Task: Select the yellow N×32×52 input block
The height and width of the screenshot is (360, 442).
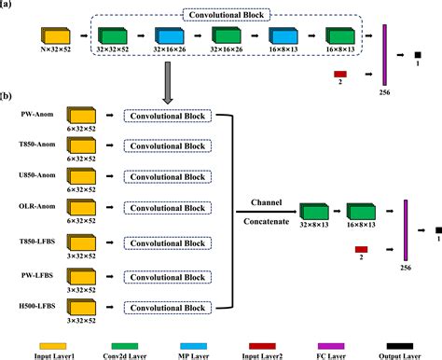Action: coord(54,35)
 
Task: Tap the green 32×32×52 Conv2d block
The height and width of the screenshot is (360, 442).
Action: coord(111,35)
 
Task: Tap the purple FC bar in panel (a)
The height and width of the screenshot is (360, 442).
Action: coord(383,55)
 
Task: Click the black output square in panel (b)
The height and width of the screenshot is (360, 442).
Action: coord(435,229)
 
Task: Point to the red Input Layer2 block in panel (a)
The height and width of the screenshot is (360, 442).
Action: coord(341,72)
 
